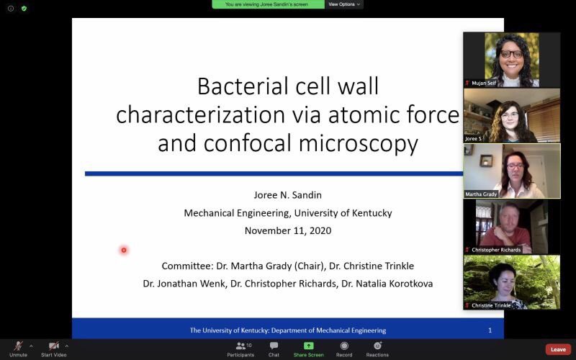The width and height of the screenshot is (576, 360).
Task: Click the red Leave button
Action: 558,349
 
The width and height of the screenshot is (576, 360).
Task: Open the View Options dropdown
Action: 344,4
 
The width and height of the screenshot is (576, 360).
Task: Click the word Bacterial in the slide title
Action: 238,86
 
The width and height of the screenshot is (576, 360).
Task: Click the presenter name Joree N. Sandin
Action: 287,194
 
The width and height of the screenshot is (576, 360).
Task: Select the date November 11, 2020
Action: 287,230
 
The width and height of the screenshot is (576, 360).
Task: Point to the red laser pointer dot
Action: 124,250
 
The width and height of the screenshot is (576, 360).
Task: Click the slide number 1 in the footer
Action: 490,330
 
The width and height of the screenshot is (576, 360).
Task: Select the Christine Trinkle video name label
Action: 492,305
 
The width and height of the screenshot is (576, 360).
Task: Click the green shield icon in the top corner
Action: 24,8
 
